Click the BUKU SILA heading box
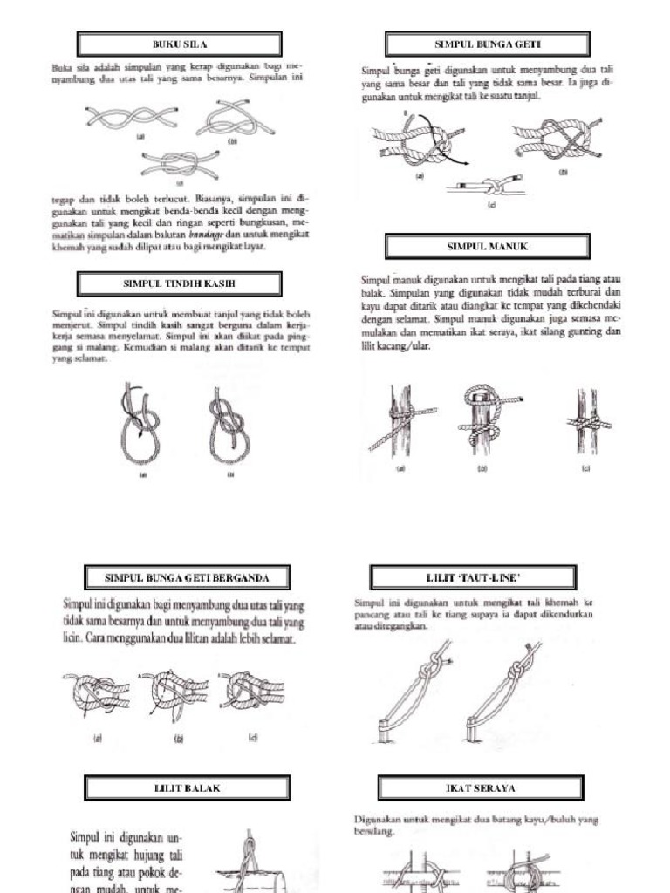tap(179, 44)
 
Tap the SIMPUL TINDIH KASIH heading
tap(179, 283)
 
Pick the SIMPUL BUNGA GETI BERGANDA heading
tap(187, 577)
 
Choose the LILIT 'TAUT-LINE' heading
tap(473, 577)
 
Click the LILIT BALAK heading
tap(187, 787)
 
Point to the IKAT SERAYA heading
tap(481, 787)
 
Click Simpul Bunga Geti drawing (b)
tap(557, 140)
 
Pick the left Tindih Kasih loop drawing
tap(139, 423)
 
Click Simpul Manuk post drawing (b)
tap(485, 419)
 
